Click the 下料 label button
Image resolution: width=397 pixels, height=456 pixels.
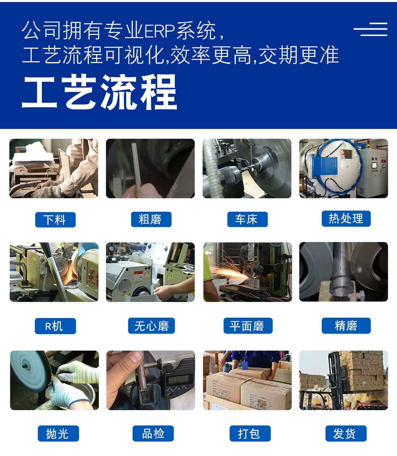[55, 220]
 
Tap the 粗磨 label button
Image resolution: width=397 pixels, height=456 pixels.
[151, 219]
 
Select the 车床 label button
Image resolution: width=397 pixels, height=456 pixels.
[247, 219]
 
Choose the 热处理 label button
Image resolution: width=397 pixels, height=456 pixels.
[346, 219]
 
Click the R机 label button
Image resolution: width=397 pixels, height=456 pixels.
[55, 326]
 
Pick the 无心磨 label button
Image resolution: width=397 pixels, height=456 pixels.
[151, 326]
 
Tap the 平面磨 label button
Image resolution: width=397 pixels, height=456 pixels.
[248, 326]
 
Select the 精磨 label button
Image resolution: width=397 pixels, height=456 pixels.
[346, 326]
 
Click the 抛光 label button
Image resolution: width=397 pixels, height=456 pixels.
[58, 433]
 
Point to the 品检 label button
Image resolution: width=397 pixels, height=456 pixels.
[153, 433]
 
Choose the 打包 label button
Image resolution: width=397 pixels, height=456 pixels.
[250, 433]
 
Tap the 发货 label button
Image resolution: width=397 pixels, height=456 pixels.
[346, 433]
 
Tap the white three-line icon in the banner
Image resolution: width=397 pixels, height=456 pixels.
[370, 29]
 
